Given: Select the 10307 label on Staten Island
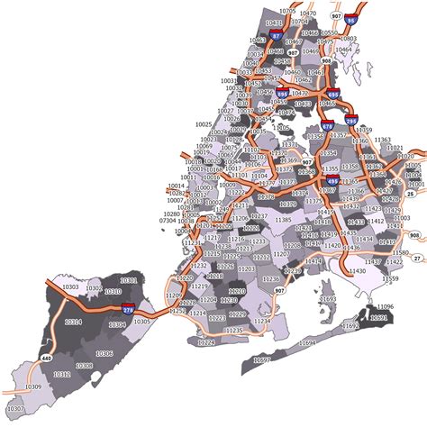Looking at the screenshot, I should (17, 408).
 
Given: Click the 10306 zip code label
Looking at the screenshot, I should (83, 365).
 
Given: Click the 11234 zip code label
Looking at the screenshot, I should (260, 321).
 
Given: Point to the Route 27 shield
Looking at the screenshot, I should (416, 258).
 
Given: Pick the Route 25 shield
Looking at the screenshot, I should (411, 193).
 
